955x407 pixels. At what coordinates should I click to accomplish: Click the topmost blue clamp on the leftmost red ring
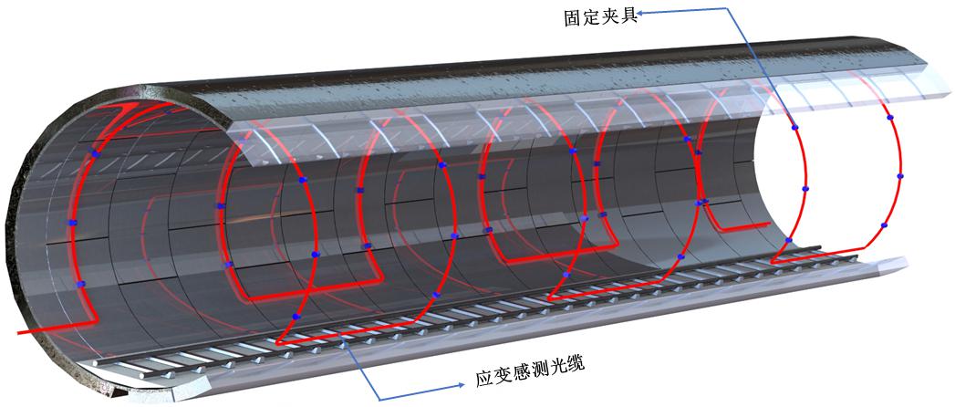coord(95,155)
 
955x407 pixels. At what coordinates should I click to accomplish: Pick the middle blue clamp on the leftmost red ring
coord(72,222)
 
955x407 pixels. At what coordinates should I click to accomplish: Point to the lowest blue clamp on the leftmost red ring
coord(79,285)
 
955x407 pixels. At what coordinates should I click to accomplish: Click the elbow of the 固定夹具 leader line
coord(724,11)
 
